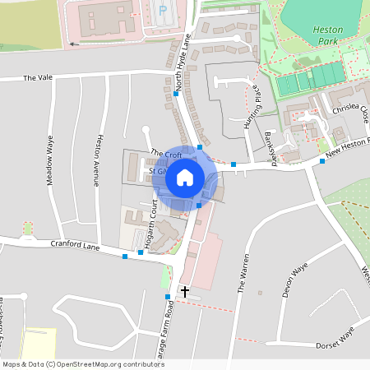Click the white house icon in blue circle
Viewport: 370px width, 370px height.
tap(185, 176)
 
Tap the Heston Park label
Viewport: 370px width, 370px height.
tap(327, 35)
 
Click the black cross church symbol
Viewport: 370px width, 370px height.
tap(185, 291)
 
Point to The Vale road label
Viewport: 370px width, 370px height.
tap(37, 78)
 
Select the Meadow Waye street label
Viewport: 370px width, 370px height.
tap(50, 160)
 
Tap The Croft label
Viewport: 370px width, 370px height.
tap(166, 154)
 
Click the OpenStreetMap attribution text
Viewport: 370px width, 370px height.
tap(72, 363)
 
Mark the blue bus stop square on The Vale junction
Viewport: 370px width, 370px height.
tap(176, 94)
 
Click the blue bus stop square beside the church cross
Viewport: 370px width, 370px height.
tap(168, 297)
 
